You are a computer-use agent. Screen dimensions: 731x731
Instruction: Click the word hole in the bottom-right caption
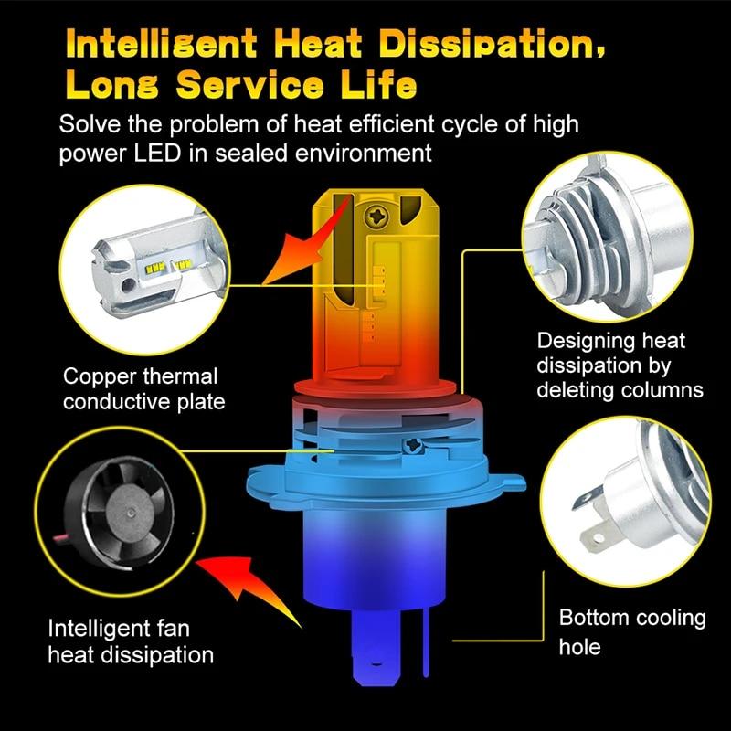[x=580, y=646]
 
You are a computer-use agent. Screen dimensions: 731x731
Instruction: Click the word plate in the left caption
[x=199, y=402]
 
